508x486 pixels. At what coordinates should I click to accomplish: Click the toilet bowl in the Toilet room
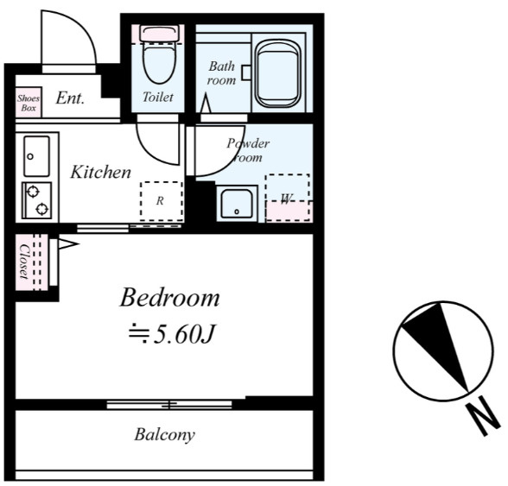click(x=159, y=64)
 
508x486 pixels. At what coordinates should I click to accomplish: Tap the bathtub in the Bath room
click(x=278, y=74)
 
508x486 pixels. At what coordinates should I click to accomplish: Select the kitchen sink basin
click(x=36, y=156)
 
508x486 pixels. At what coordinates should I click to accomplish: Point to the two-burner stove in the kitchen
click(x=36, y=199)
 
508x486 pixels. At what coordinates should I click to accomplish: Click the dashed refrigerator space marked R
click(x=162, y=201)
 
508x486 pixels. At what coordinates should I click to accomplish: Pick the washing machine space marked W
click(x=288, y=198)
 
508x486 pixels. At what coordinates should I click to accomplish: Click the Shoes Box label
click(x=29, y=103)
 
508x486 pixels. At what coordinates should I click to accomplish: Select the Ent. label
click(x=70, y=98)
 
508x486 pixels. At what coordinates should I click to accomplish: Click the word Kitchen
click(x=101, y=172)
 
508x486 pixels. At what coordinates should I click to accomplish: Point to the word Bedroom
click(x=169, y=297)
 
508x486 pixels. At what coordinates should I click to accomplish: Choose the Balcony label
click(x=164, y=435)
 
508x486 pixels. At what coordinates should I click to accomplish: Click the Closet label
click(x=24, y=262)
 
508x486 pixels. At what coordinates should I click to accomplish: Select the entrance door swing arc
click(x=84, y=27)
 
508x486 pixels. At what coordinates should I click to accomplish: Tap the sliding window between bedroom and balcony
click(x=169, y=404)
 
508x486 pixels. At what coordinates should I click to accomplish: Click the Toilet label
click(x=158, y=97)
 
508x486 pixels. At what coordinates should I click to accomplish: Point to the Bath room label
click(x=221, y=73)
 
